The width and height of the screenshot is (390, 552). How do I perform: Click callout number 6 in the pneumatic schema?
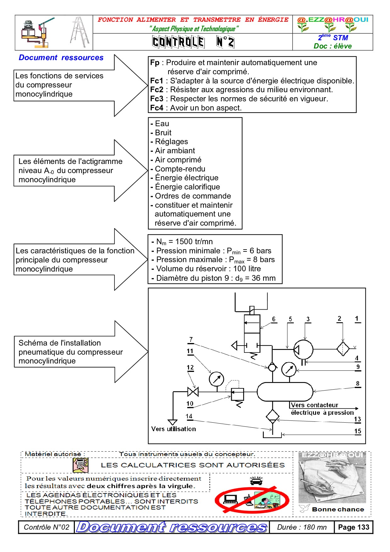point(274,319)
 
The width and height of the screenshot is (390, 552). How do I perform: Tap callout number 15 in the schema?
point(358,431)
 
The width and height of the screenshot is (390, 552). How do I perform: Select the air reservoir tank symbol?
point(285,392)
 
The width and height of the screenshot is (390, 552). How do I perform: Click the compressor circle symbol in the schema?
point(304,349)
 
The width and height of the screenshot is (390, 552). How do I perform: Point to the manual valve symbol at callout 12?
point(193,392)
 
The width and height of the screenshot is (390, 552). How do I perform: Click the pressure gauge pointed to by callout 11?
point(216,379)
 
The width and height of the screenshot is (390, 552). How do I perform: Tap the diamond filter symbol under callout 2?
point(343,349)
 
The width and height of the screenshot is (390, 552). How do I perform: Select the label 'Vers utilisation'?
point(173,429)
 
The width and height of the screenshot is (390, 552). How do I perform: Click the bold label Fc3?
point(157,99)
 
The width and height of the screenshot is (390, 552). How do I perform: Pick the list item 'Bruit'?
point(163,133)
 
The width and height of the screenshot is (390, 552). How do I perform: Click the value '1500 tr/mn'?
point(194,242)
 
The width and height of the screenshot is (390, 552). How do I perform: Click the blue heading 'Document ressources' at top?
point(61,58)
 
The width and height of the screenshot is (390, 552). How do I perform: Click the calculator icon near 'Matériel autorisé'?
point(81,465)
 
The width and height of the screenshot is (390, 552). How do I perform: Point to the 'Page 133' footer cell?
point(354,527)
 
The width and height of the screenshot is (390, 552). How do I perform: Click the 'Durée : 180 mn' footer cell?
point(302,527)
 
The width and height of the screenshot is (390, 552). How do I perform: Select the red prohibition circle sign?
point(252,500)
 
